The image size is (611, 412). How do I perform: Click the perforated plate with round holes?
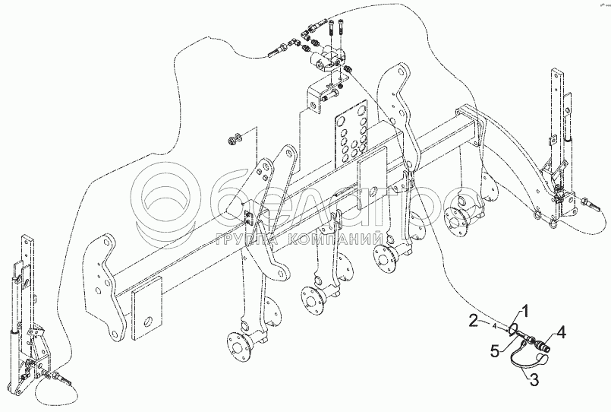pos(350,132)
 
